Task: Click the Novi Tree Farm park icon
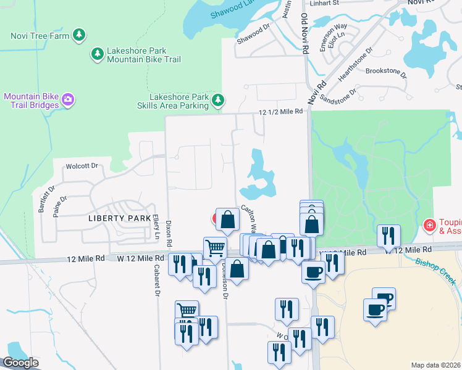pos(79,35)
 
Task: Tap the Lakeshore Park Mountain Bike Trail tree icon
pos(98,54)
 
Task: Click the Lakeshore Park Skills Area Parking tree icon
pos(217,99)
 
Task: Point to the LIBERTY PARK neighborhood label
pos(119,218)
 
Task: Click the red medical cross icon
pos(429,226)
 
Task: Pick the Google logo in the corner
pos(20,363)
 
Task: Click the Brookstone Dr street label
pos(387,72)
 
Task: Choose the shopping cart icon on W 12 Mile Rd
pos(215,248)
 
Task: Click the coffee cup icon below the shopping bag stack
pos(314,271)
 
